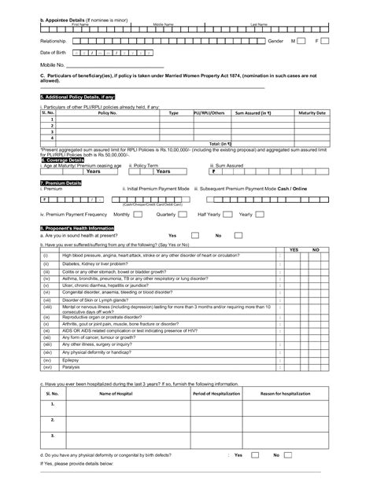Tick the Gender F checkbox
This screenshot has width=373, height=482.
[x=326, y=39]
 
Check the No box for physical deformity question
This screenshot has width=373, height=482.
[x=287, y=455]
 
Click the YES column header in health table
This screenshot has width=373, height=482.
[x=294, y=248]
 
